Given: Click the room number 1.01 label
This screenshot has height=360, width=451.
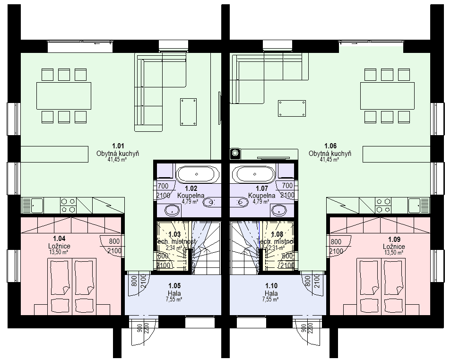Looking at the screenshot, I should coord(118,146).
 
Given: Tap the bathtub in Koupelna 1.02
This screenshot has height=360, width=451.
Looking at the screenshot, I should coord(198,174).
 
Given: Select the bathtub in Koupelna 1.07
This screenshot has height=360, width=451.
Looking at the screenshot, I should coord(255,174).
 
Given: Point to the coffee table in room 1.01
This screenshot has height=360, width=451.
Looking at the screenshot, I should coord(188,111).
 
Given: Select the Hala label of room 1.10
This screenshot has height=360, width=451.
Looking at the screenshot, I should coord(271,293).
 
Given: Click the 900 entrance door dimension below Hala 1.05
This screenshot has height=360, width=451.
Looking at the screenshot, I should coord(140,329).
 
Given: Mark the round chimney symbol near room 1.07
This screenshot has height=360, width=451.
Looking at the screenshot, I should coord(235,153).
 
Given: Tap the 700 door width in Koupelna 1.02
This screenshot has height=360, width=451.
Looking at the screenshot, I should coord(163,186).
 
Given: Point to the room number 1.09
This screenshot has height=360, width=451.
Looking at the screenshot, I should coord(394,240).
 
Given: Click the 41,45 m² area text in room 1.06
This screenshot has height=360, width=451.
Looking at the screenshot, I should coord(330,160).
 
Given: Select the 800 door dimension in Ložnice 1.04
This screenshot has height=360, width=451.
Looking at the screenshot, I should coord(114,240).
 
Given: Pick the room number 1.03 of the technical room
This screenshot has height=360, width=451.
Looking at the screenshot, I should coord(174,234).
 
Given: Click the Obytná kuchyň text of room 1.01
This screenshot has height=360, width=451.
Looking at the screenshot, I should coord(118,154).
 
